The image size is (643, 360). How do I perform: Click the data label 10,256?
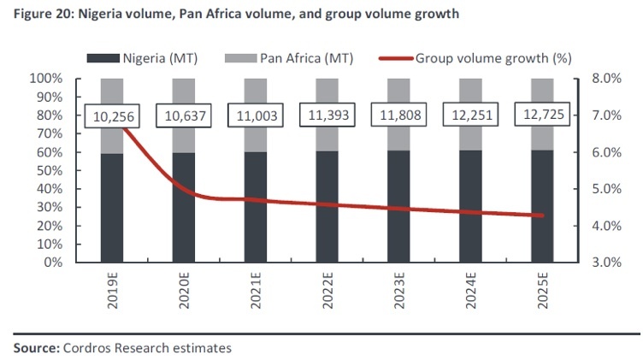click(x=111, y=115)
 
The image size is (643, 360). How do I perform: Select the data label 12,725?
click(x=542, y=115)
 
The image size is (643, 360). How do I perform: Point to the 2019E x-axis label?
click(x=111, y=292)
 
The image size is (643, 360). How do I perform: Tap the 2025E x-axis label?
click(x=542, y=292)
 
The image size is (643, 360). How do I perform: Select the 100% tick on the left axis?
click(x=47, y=79)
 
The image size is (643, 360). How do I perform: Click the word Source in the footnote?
click(x=32, y=348)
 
